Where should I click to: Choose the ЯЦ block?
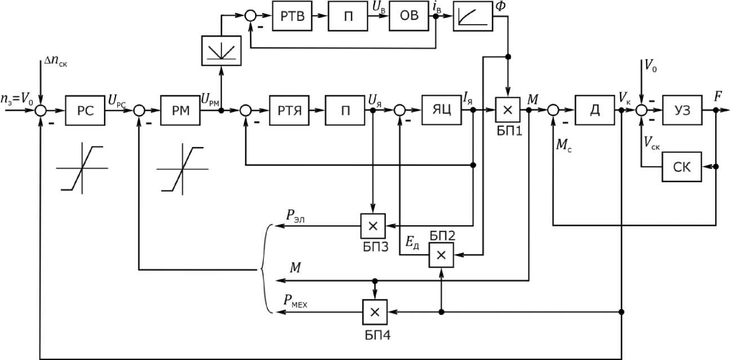coord(442,110)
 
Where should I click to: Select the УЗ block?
coord(682,110)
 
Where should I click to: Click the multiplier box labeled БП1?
coord(507,110)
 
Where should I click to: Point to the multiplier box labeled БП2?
coord(442,255)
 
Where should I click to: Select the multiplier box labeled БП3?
coord(372,226)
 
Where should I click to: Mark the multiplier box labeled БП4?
coord(376,312)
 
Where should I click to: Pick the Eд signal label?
coord(414,242)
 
